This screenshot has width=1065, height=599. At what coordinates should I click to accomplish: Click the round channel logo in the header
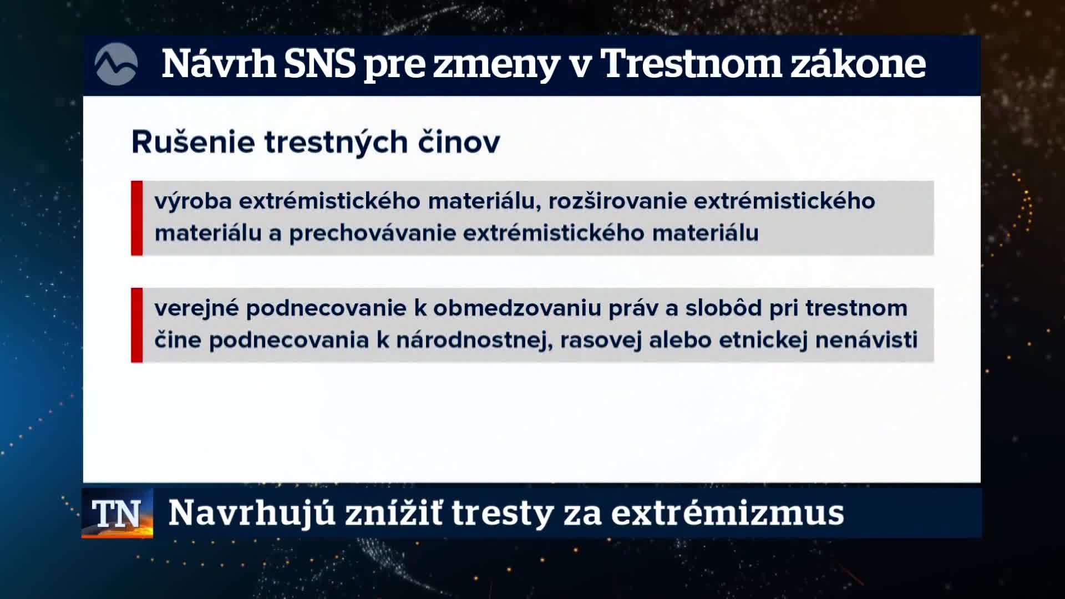click(x=116, y=64)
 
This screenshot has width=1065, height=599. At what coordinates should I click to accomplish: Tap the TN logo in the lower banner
click(x=117, y=513)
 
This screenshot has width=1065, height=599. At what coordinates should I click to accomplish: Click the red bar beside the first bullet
click(x=136, y=218)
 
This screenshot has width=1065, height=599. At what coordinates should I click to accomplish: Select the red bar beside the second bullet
click(x=136, y=325)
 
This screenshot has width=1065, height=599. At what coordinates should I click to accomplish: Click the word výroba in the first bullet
click(x=193, y=201)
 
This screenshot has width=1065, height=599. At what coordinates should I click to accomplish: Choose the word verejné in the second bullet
click(x=196, y=308)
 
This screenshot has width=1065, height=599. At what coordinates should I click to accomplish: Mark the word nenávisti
click(x=866, y=340)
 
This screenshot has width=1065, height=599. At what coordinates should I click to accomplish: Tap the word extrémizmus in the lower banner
click(x=728, y=513)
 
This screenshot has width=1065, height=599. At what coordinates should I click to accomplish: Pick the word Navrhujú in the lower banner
click(x=252, y=513)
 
